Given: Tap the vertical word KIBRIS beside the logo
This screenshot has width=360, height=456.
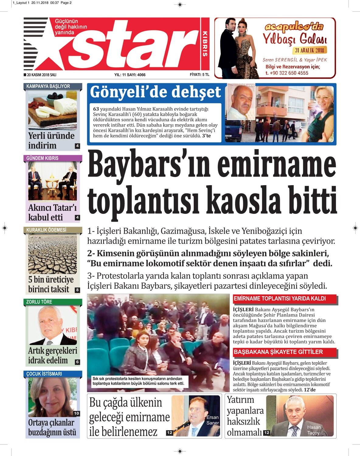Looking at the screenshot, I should coord(205,44).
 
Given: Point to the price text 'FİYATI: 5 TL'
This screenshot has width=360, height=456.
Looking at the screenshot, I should coord(199,74).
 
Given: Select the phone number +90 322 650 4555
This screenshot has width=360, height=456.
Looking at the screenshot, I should coord(287,73).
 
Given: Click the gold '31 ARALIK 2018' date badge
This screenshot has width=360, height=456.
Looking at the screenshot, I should coord(310,50).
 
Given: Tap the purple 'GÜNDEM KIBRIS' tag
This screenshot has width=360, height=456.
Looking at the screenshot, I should coord(43,158).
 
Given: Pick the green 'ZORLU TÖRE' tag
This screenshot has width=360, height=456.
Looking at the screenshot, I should coord(39,302).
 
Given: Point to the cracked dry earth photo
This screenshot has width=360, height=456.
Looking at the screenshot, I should coord(53,254).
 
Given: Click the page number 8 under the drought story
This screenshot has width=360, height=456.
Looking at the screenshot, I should coord(78,290).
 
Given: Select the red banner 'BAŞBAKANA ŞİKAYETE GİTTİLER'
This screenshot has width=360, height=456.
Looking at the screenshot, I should coord(278,352).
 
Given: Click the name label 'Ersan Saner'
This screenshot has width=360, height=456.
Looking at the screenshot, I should coord(213,420).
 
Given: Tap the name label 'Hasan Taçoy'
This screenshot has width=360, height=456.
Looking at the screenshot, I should coord(313,430).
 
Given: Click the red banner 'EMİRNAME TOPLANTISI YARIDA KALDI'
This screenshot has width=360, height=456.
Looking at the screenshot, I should coord(280,299).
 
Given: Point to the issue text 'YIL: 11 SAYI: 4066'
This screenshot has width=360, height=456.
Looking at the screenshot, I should coord(130,75).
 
